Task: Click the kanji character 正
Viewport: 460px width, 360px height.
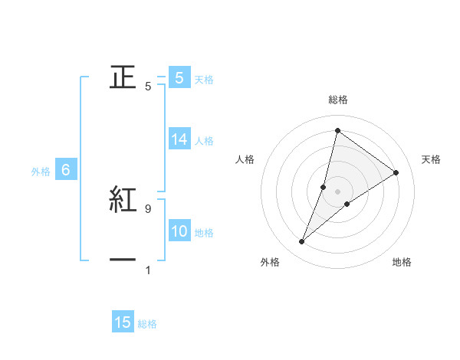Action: pyautogui.click(x=123, y=77)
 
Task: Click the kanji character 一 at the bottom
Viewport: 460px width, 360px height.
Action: pyautogui.click(x=123, y=260)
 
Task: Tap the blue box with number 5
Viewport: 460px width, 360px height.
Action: pyautogui.click(x=179, y=78)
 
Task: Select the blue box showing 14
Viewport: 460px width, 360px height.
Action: pyautogui.click(x=179, y=139)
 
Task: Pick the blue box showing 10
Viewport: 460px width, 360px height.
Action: pyautogui.click(x=179, y=232)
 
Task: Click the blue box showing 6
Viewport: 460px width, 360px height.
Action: pyautogui.click(x=66, y=171)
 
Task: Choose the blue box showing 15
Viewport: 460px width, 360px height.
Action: pyautogui.click(x=123, y=322)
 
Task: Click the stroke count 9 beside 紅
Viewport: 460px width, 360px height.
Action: pyautogui.click(x=147, y=208)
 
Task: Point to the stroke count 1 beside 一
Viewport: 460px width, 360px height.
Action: pyautogui.click(x=147, y=270)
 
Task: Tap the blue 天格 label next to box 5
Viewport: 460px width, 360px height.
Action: pyautogui.click(x=204, y=79)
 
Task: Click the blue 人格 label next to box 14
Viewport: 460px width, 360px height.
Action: pyautogui.click(x=204, y=140)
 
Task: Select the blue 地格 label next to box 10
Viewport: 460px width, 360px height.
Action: pyautogui.click(x=204, y=233)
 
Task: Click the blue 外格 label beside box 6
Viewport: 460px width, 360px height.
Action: pyautogui.click(x=41, y=172)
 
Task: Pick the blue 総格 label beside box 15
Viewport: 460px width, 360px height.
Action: pyautogui.click(x=147, y=323)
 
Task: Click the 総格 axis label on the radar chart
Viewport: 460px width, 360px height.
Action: pyautogui.click(x=337, y=100)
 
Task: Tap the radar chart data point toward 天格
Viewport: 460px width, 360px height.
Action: pyautogui.click(x=396, y=172)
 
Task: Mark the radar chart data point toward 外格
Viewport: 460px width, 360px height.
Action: pyautogui.click(x=302, y=242)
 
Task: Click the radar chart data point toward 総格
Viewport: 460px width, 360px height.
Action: pyautogui.click(x=337, y=130)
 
